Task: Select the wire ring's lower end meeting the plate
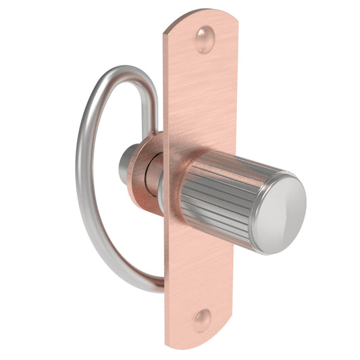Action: (157, 284)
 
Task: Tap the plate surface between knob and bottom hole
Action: (199, 270)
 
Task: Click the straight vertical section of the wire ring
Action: (153, 108)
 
